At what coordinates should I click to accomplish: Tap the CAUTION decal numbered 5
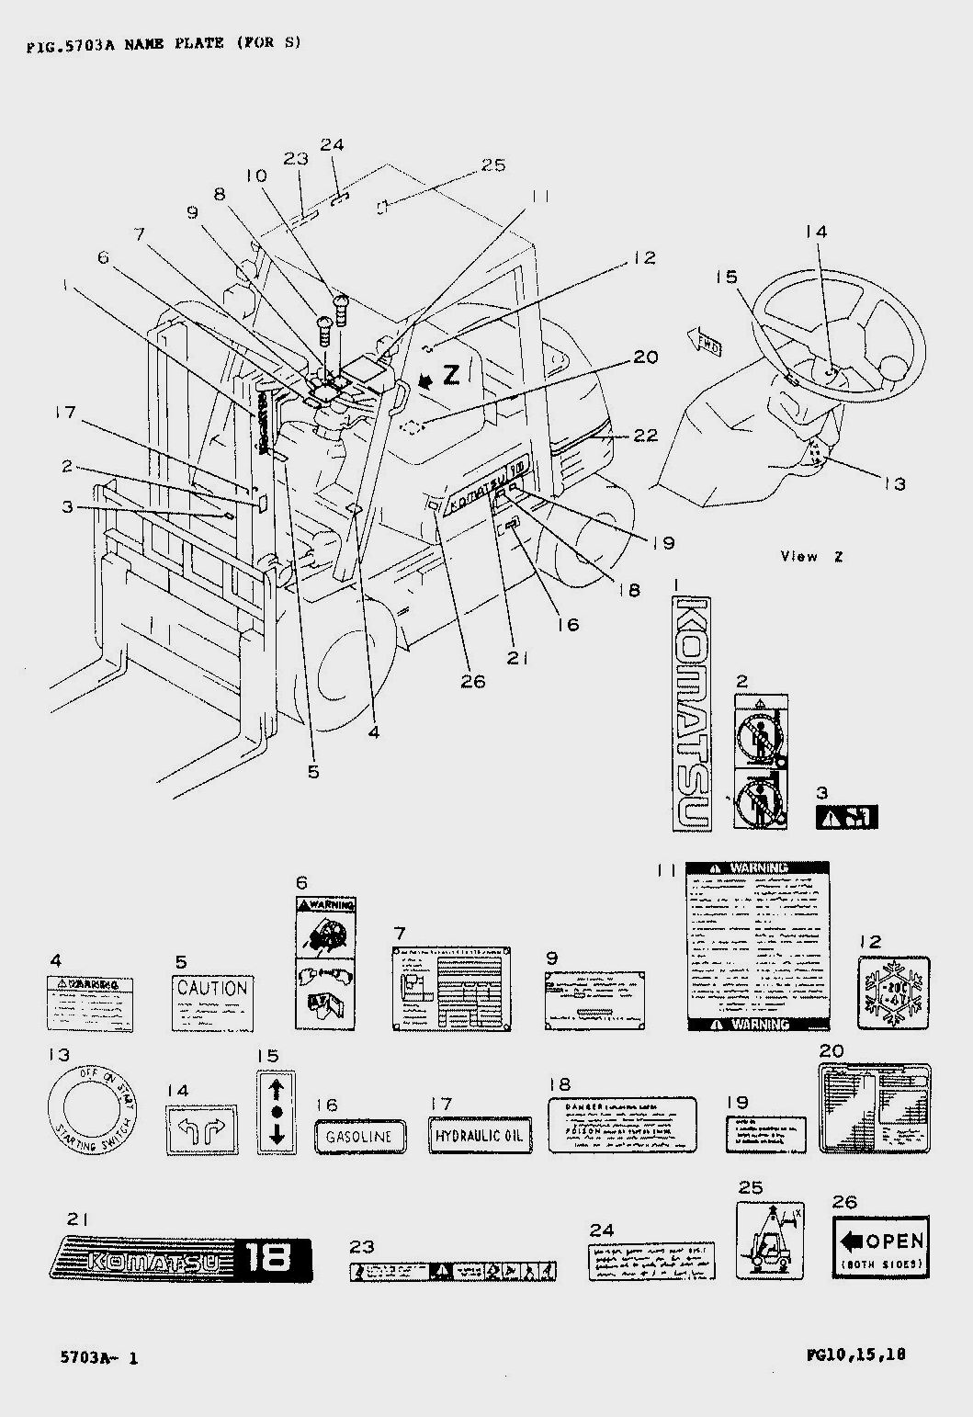point(212,1003)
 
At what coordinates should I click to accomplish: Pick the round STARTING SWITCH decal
point(90,1110)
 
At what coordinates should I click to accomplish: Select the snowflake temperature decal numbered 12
point(893,992)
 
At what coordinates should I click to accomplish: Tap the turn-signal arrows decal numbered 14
point(201,1129)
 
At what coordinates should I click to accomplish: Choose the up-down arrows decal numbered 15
point(276,1110)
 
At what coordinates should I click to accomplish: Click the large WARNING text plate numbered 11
point(759,946)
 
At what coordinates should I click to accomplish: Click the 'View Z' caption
point(811,556)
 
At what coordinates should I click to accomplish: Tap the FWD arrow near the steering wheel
point(706,342)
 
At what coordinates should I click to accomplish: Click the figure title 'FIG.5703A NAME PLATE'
point(164,43)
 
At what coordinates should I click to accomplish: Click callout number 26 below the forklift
point(474,681)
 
